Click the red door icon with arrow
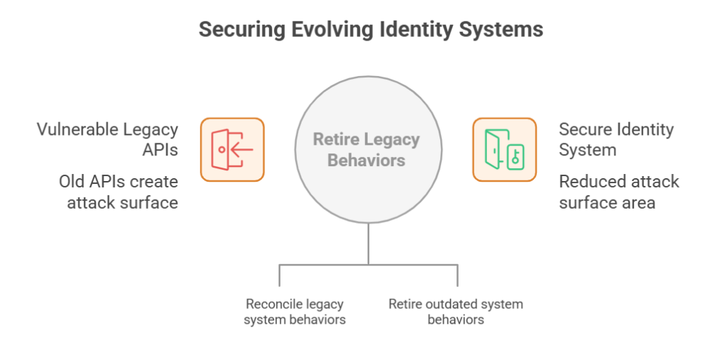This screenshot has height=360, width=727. (x=232, y=149)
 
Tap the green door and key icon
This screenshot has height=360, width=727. (x=504, y=149)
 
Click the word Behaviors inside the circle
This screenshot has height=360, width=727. (x=366, y=160)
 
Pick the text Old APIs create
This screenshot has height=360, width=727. (x=118, y=182)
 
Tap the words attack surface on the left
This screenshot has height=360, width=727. (x=122, y=202)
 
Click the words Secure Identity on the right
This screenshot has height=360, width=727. (x=616, y=130)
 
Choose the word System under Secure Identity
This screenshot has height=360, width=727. (x=587, y=150)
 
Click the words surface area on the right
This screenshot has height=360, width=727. (x=607, y=202)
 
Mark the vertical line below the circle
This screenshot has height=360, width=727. (x=368, y=244)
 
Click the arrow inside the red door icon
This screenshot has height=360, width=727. (x=239, y=150)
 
